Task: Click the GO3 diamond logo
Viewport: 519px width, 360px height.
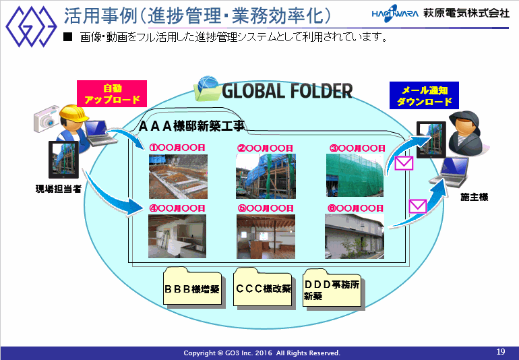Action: point(31,26)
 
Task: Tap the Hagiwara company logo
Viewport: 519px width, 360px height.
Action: point(395,13)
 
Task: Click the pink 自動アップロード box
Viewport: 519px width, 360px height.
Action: point(112,94)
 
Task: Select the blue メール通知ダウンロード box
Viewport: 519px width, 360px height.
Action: point(424,95)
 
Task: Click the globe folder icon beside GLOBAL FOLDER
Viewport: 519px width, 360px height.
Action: point(207,88)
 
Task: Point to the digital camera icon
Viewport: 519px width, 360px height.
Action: point(46,119)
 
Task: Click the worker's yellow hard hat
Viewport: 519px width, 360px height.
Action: point(73,113)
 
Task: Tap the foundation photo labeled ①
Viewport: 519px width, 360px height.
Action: point(178,177)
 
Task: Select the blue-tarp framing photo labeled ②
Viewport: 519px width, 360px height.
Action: point(266,176)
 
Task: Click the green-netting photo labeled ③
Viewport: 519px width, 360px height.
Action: point(355,175)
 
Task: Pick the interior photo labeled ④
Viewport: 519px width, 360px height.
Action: point(177,236)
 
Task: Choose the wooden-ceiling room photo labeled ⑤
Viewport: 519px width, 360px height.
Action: point(266,237)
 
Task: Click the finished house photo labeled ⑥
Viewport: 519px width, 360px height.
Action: point(355,236)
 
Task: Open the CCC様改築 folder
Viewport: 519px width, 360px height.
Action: point(262,287)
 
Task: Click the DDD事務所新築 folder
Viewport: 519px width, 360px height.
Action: point(332,287)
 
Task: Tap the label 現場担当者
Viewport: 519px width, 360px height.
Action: point(59,189)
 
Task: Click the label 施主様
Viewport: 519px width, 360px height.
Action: point(475,197)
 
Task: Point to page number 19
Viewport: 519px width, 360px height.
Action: point(501,352)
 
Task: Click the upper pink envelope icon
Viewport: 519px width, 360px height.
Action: point(404,163)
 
